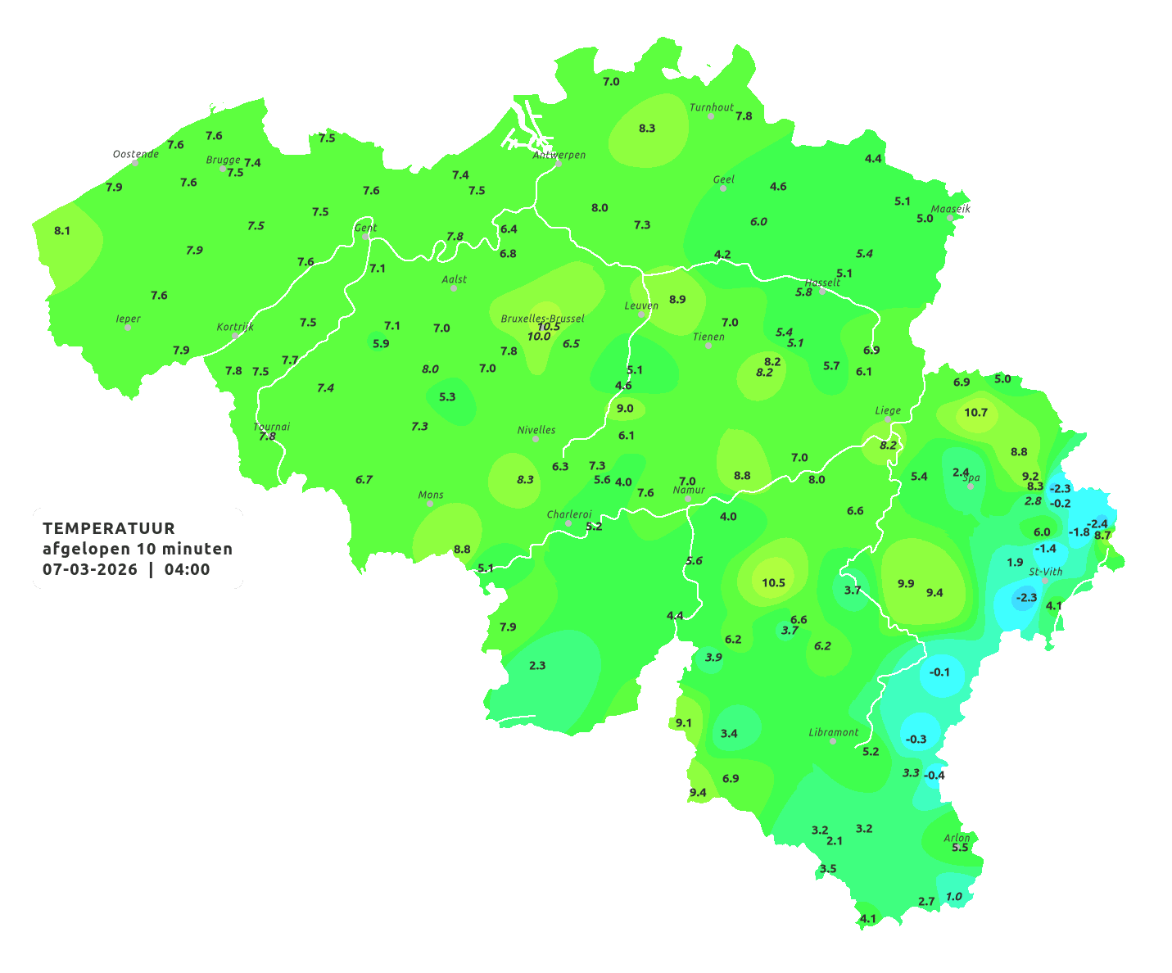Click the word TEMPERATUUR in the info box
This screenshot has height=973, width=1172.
[x=109, y=528]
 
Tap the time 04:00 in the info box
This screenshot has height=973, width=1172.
[x=187, y=569]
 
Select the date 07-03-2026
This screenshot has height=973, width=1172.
[x=90, y=569]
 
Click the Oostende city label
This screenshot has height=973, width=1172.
[x=136, y=154]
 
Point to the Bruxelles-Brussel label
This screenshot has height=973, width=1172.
[x=543, y=318]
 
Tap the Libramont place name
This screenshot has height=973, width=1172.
[x=834, y=732]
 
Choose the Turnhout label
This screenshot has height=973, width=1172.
[x=712, y=107]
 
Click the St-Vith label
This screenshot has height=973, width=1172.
[x=1046, y=572]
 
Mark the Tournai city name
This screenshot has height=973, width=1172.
[x=272, y=427]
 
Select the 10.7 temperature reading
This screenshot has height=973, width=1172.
[x=975, y=413]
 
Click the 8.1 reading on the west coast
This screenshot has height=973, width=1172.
[x=62, y=231]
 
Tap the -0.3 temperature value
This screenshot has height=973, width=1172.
[x=916, y=739]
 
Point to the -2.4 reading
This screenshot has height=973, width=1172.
[x=1097, y=524]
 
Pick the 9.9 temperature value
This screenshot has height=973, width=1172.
[x=906, y=584]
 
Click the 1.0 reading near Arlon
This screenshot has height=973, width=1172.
[x=954, y=897]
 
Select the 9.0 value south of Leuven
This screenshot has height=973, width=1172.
[x=625, y=409]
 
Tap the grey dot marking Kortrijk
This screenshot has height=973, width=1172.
[x=235, y=336]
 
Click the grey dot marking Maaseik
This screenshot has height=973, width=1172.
[x=950, y=218]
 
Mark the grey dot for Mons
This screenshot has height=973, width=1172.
[x=429, y=504]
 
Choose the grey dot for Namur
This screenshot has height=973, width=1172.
[x=688, y=499]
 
